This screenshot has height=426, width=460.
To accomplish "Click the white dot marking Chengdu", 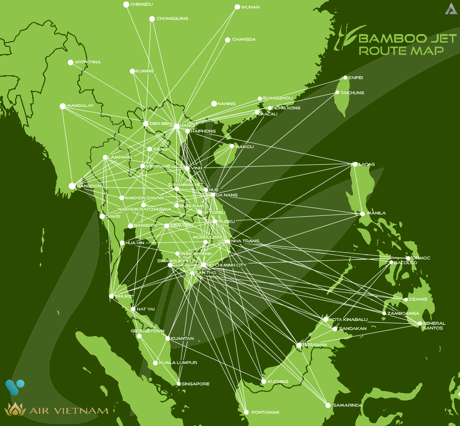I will point(126,5).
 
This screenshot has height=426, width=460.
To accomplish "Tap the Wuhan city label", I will point(250,7).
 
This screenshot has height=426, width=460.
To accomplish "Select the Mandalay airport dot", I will point(63,106).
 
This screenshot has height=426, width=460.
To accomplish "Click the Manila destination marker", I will point(362,213).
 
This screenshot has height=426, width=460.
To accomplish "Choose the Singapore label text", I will point(196,384).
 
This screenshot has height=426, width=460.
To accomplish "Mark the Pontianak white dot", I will point(246,412).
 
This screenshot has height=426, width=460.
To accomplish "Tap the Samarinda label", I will point(347,406).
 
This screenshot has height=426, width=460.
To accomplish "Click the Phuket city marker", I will point(111,296).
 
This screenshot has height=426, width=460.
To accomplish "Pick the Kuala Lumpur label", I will point(178,363).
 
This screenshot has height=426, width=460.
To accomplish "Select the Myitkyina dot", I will point(71,62).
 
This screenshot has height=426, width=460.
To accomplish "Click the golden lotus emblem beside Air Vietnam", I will point(15,409).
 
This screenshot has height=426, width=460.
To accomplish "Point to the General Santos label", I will point(433,326).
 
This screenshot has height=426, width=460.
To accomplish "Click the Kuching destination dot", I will point(263,381).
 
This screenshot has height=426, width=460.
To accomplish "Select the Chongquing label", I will point(172,18).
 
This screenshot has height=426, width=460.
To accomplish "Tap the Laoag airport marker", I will point(355,164).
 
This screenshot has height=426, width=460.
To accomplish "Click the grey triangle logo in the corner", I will point(451,9).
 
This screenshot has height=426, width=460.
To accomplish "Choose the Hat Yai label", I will point(145,309).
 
